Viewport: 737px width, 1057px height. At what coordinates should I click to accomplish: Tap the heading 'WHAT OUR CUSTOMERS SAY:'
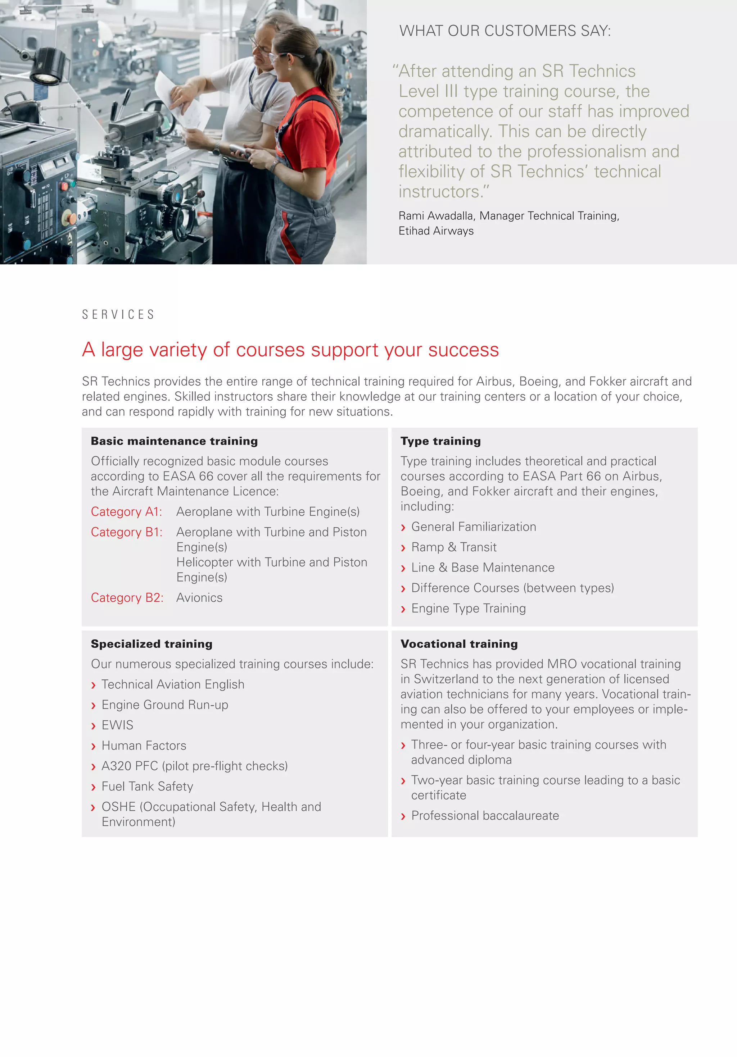coord(505,31)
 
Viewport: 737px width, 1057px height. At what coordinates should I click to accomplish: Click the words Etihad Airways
coord(436,231)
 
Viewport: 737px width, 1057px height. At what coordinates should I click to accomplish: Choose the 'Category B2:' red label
coord(127,598)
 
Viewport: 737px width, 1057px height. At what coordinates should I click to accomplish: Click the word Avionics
coord(199,598)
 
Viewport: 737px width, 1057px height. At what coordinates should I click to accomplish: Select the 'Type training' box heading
coord(440,441)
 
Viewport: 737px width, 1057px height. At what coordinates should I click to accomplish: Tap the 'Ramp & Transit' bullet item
coord(454,547)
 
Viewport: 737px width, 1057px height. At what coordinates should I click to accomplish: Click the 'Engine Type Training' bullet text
coord(469,608)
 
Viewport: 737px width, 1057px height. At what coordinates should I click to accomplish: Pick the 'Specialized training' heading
coord(152,644)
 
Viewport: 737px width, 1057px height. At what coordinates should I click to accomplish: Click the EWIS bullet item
coord(117,725)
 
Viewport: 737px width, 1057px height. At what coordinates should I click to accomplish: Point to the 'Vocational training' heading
coord(459,644)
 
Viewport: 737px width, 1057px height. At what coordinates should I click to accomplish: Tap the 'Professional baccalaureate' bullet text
coord(485,815)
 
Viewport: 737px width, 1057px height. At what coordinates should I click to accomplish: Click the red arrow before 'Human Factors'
coord(94,746)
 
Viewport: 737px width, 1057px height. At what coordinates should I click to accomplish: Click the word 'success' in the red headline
coord(464,350)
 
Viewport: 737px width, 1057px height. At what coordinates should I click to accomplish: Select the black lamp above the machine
coord(48,67)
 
